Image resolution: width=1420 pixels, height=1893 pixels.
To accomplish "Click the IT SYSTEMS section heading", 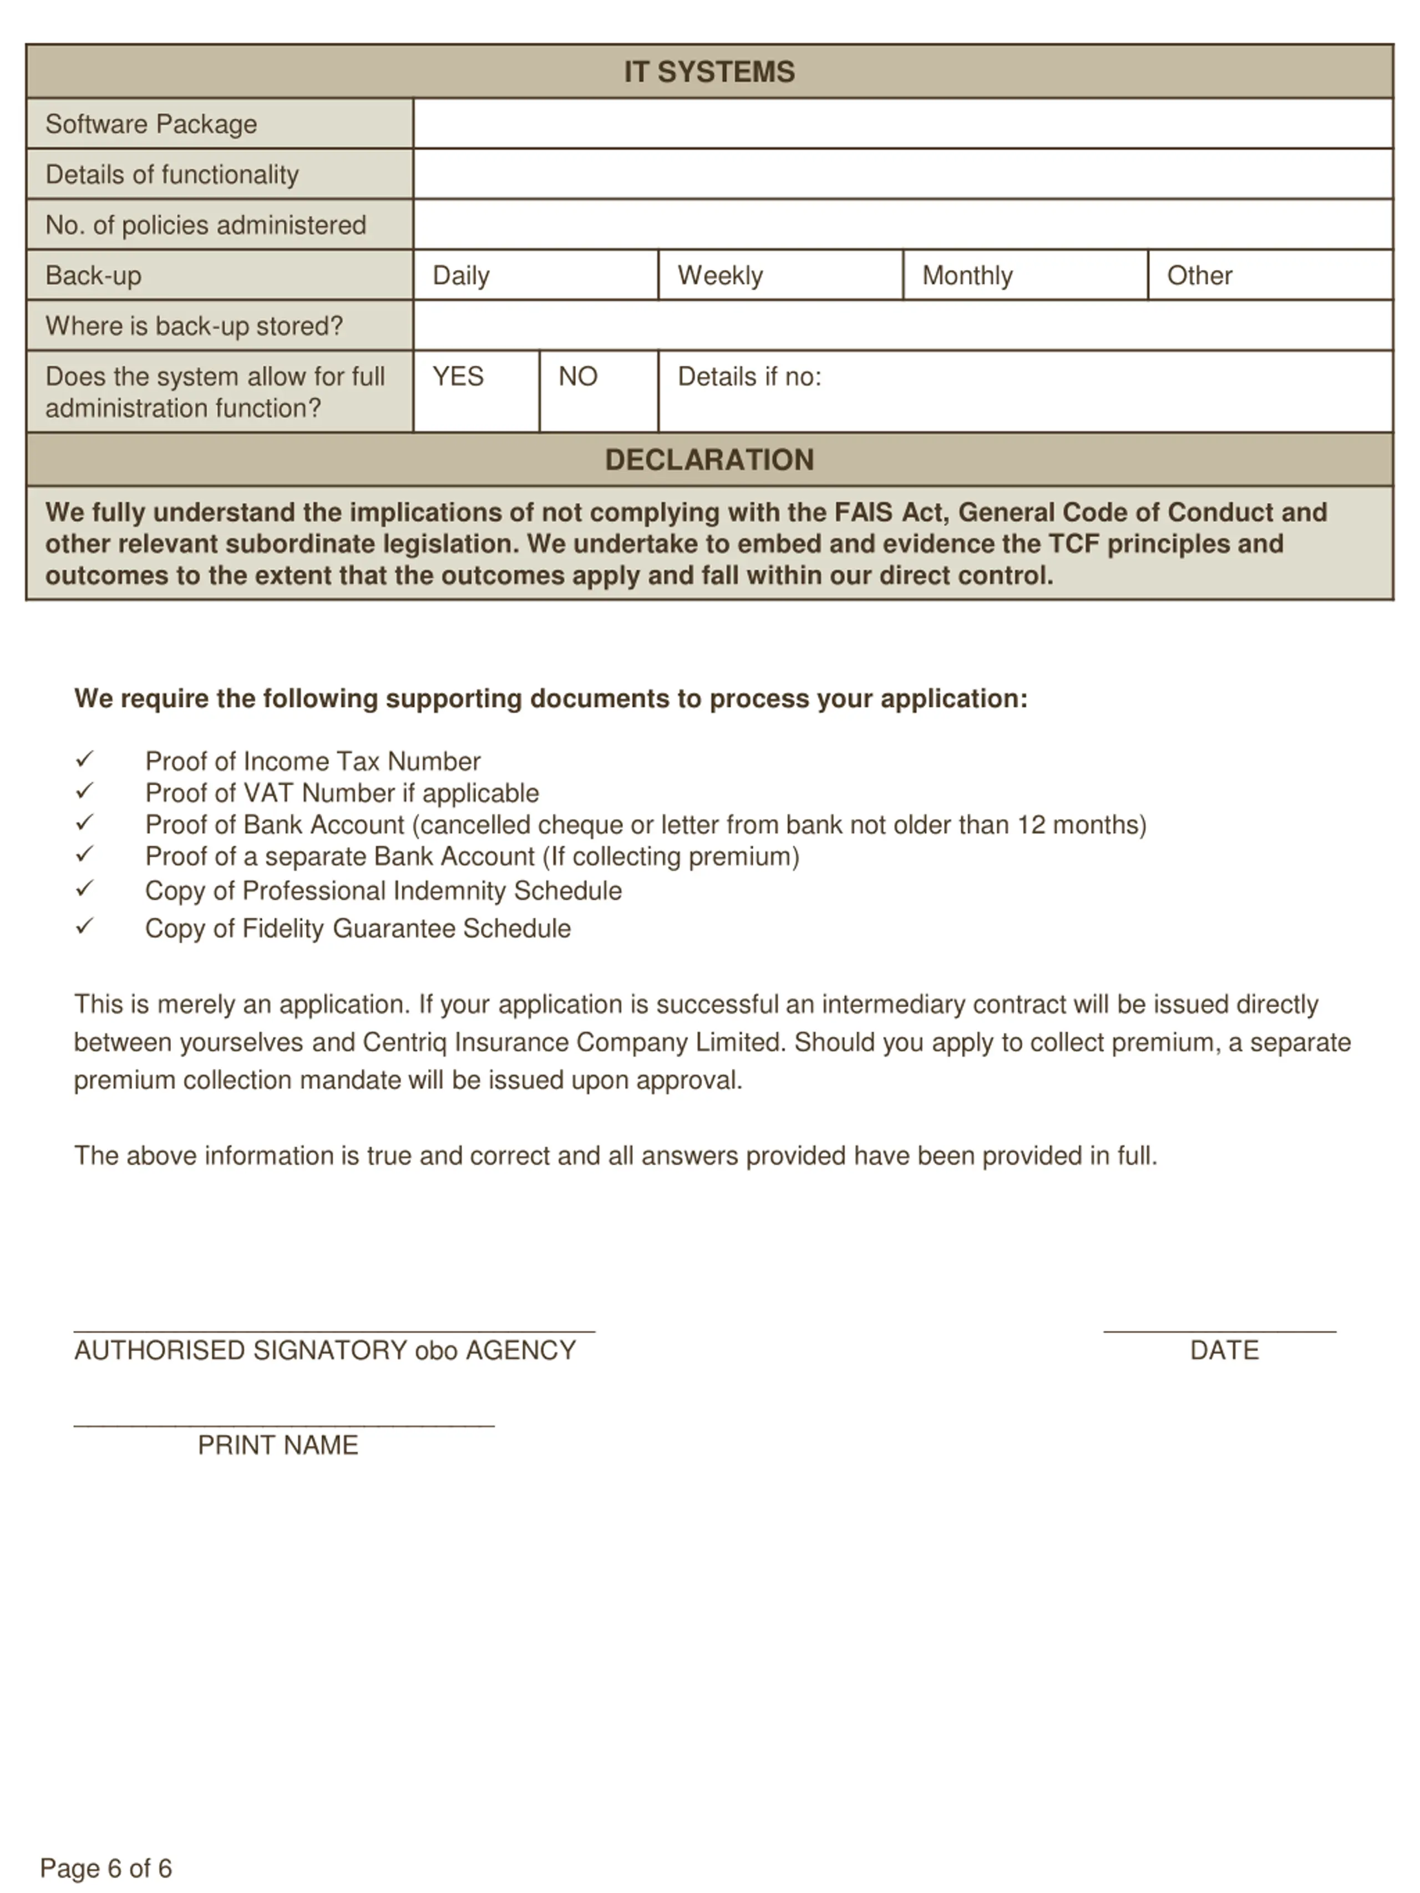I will click(709, 72).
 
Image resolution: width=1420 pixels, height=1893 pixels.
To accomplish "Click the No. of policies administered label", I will click(205, 225).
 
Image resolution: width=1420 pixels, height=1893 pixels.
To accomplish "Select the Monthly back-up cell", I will click(1025, 276).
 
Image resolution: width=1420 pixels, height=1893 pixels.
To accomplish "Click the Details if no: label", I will click(749, 377).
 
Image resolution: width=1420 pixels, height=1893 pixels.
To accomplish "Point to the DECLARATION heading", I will click(709, 460).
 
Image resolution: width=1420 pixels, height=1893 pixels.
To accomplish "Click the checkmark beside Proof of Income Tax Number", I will click(84, 759).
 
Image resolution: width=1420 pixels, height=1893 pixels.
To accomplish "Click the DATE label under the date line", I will click(1224, 1351).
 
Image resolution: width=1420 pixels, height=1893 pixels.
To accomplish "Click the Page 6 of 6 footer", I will click(106, 1867).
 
